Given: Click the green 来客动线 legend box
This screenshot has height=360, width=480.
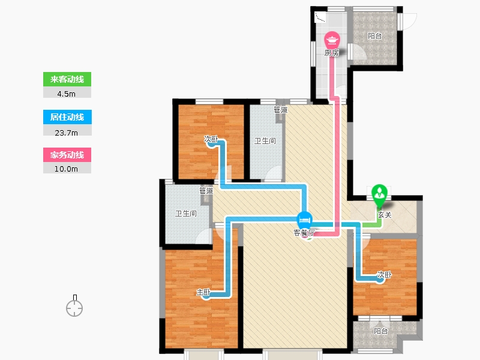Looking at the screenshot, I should tap(67, 79).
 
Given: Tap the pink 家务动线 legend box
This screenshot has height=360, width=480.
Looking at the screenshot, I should tap(67, 155).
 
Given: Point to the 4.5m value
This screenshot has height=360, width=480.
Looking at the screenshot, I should tap(67, 93).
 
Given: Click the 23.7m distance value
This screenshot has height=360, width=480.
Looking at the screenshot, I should tap(67, 131).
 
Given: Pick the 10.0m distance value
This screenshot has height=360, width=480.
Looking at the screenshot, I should tap(67, 169).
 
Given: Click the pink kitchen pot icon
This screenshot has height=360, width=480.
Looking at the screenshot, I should tap(332, 40).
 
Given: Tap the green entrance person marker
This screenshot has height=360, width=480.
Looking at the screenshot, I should tap(380, 193).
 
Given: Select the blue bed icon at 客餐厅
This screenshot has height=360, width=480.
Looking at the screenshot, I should tap(305, 219).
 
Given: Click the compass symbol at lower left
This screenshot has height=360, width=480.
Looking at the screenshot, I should tap(74, 308).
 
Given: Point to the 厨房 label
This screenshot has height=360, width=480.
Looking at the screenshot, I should tap(332, 53).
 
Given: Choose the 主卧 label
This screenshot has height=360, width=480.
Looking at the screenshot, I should tap(203, 293).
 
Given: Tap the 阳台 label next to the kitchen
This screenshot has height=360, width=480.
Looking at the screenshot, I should tap(375, 36).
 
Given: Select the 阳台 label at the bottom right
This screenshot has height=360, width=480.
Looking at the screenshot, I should tap(380, 331).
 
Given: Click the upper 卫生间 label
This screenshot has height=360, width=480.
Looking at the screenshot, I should tap(265, 142).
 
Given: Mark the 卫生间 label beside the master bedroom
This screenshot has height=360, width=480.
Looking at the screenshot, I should tap(185, 213).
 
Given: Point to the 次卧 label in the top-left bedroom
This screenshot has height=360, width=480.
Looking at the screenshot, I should tap(211, 139).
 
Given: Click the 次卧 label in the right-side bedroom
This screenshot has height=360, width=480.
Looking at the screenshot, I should tap(384, 275).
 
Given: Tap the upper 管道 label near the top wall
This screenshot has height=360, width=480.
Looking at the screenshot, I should tap(280, 110).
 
